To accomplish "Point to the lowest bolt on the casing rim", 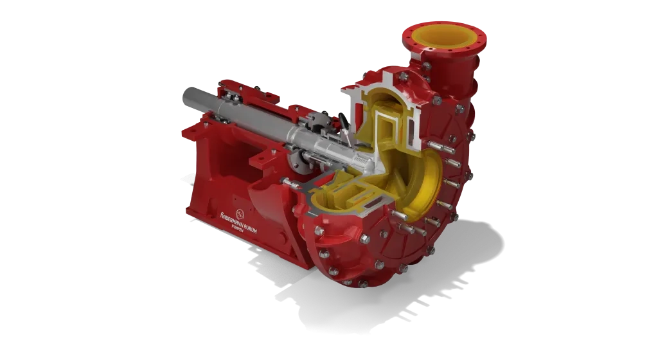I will (364, 283).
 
